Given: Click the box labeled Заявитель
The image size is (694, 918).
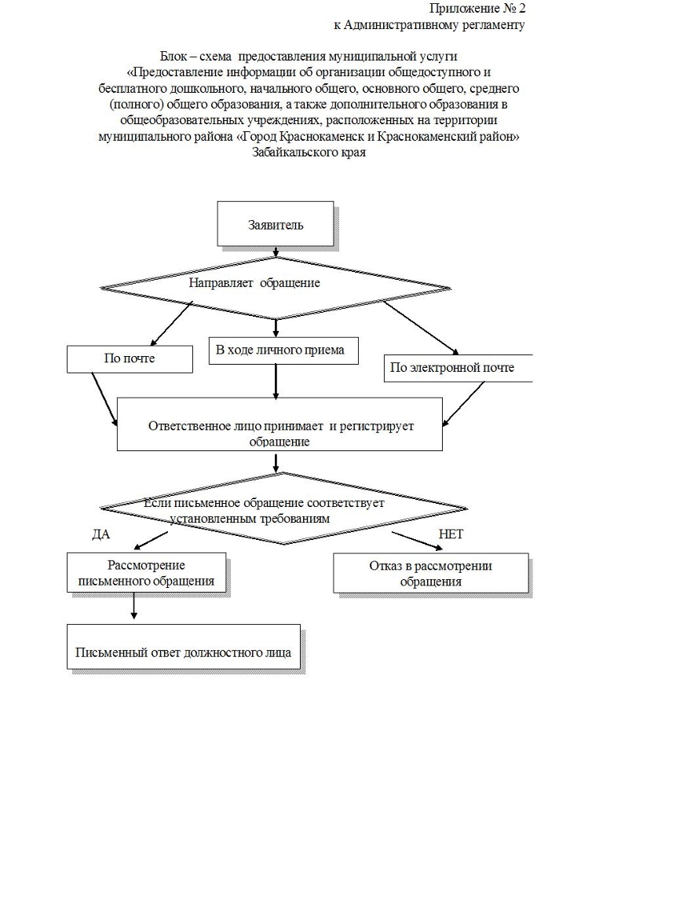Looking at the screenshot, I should [275, 224].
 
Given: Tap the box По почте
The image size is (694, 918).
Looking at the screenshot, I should [130, 358].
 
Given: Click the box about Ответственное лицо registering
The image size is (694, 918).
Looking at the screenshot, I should [279, 433].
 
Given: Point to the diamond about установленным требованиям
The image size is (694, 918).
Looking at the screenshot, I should [283, 509].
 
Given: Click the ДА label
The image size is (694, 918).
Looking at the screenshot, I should [101, 534].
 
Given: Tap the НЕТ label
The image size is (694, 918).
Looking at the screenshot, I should [451, 534].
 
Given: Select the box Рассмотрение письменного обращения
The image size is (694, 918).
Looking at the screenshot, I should [146, 574].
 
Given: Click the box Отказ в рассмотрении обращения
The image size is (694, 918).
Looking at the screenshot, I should [430, 574].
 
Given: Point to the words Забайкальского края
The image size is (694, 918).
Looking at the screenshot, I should [309, 152].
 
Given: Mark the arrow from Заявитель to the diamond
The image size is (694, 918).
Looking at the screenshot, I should [276, 251].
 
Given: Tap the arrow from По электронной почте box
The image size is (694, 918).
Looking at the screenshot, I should [463, 404].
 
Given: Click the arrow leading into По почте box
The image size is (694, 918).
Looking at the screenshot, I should [171, 325].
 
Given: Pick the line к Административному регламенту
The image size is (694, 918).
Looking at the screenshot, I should [429, 24].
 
